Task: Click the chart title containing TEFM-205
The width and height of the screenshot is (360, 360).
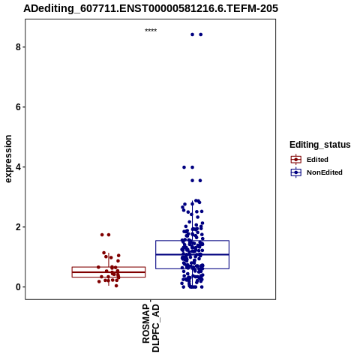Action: pos(151,8)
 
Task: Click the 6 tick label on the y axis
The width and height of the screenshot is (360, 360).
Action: pos(18,107)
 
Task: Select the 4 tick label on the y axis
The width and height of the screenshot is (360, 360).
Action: pos(18,167)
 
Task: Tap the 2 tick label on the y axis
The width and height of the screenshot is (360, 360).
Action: pos(18,227)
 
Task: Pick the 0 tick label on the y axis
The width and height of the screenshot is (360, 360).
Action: pos(18,287)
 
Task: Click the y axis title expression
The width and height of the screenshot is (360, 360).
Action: pos(8,159)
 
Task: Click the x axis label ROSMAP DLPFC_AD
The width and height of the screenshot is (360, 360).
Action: pos(151,328)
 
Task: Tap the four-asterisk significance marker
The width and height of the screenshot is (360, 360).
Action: pos(151,31)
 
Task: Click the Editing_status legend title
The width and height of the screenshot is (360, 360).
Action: pos(320,145)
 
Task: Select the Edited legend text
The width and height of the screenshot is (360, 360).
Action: pos(317,160)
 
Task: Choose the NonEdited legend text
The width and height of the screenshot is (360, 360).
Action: pos(325,172)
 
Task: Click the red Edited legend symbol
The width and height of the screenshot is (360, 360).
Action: pos(296,160)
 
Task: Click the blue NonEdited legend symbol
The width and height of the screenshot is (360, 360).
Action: pos(296,172)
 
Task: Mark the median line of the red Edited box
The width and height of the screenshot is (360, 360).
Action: pos(109,272)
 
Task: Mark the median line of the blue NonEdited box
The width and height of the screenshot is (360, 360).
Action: pos(192,254)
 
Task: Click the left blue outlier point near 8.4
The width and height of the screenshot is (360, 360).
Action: pos(192,34)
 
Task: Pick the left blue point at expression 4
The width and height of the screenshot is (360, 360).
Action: pos(184,167)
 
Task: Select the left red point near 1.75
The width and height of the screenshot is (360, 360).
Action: pos(102,235)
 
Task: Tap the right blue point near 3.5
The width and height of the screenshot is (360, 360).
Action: pos(200,181)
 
